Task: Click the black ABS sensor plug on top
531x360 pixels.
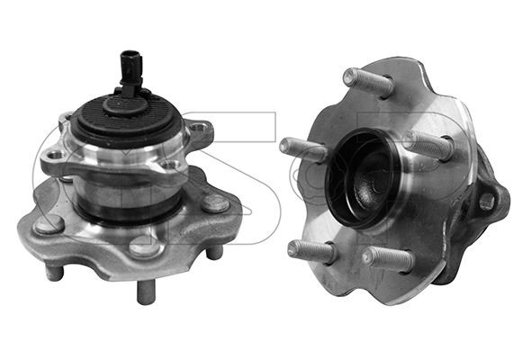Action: click(x=131, y=69)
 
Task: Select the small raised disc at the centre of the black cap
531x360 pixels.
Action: click(x=125, y=105)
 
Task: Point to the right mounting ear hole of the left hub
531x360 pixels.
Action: click(x=198, y=129)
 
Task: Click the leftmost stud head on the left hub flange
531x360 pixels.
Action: click(x=49, y=224)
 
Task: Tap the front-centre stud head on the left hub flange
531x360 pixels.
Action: click(x=145, y=247)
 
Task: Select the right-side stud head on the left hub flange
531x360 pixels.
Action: click(x=216, y=203)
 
